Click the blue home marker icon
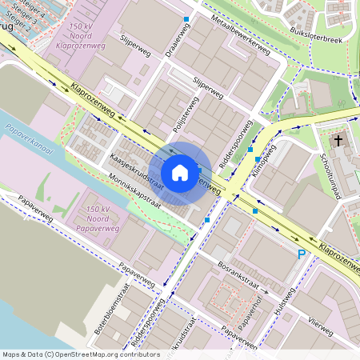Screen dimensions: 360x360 click(x=180, y=172)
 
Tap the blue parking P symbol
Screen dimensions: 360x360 click(x=302, y=254)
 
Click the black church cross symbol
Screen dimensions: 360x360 click(x=338, y=141)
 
